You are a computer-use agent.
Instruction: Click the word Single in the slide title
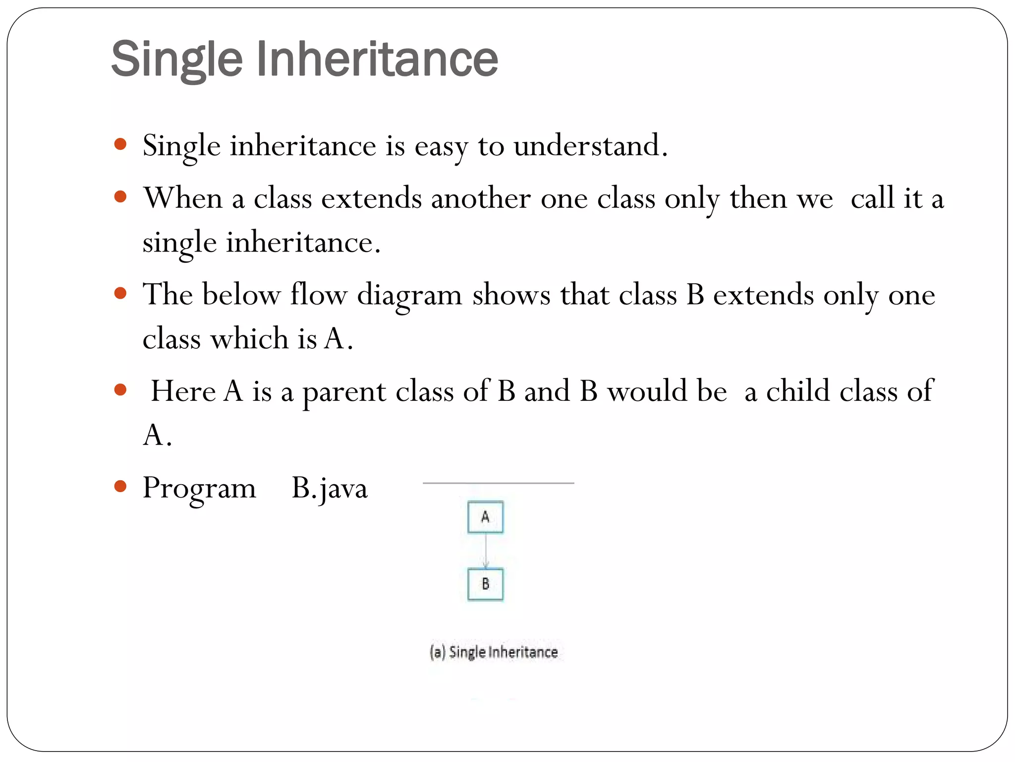click(x=177, y=60)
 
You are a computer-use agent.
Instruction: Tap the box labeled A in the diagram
click(x=485, y=517)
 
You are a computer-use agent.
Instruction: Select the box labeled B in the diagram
click(x=485, y=584)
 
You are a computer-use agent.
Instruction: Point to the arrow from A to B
click(x=486, y=551)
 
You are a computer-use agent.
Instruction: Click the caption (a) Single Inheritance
click(x=494, y=651)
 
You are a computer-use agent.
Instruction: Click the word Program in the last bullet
click(x=199, y=488)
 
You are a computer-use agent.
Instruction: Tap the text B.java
click(x=330, y=488)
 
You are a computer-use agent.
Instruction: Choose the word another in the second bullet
click(x=481, y=198)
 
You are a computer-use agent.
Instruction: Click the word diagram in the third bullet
click(x=409, y=296)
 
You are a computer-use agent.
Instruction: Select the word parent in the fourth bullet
click(x=344, y=392)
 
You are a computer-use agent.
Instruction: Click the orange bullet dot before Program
click(x=120, y=486)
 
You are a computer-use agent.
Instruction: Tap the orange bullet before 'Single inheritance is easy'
click(x=120, y=144)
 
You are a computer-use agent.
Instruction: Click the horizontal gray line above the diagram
click(x=498, y=483)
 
